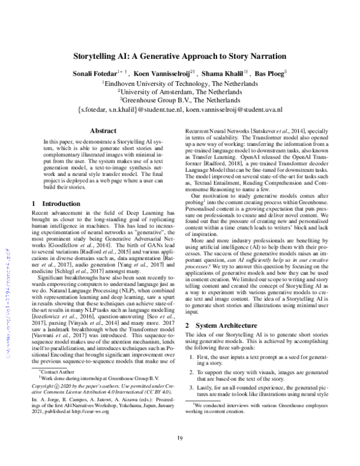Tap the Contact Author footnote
point(52,390)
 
